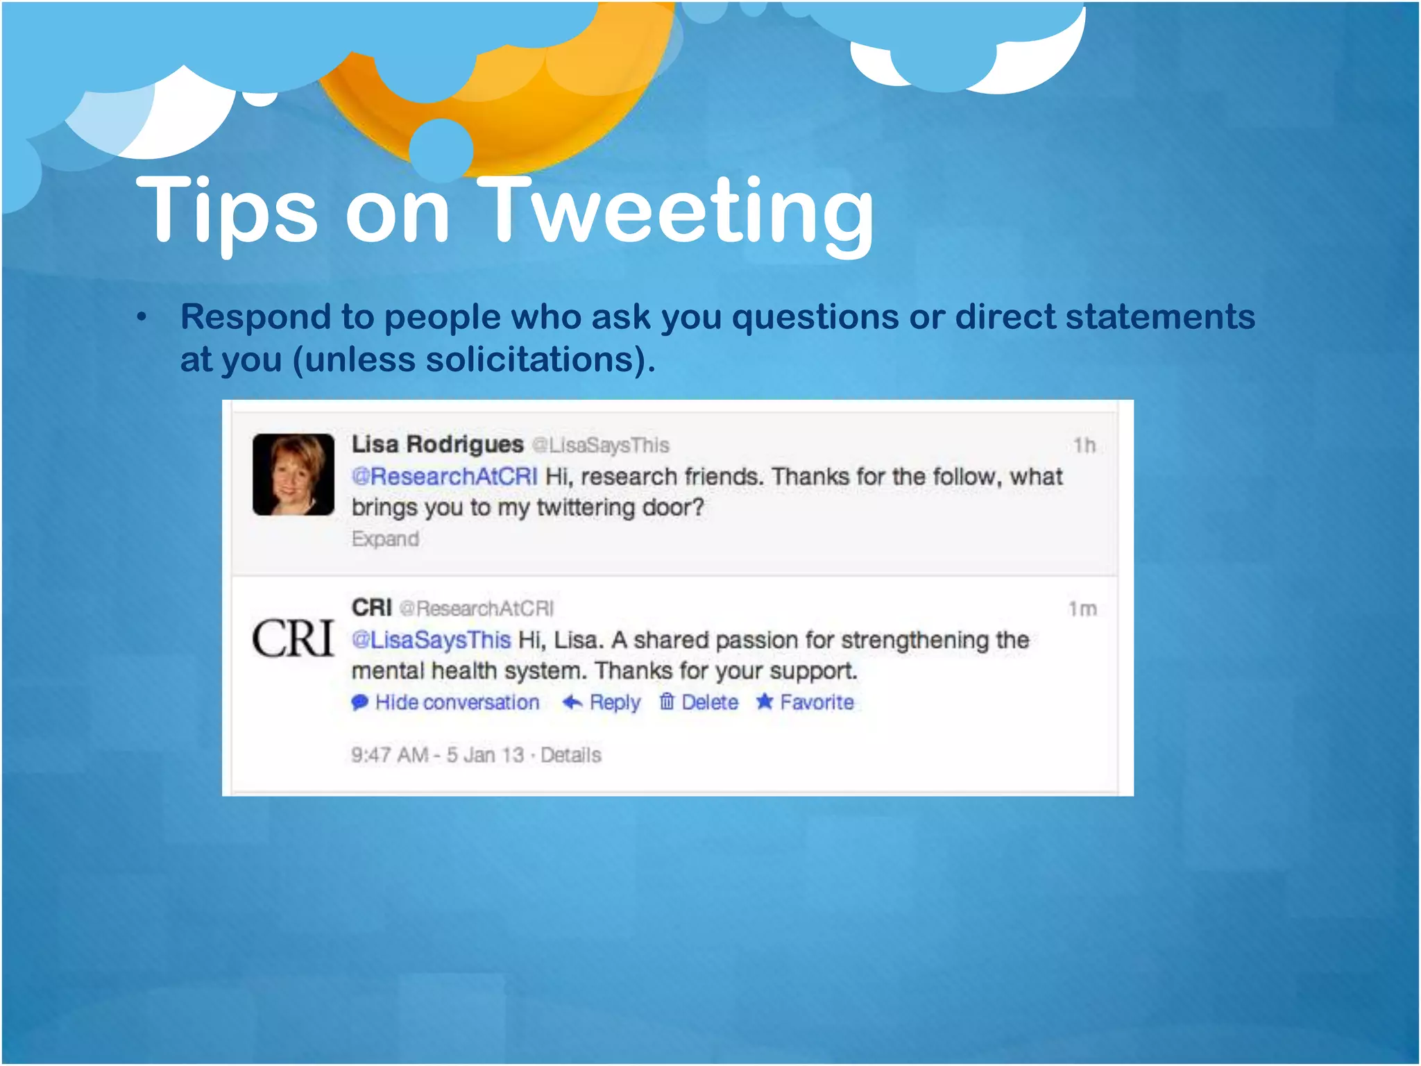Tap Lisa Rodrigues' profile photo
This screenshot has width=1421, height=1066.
(x=293, y=475)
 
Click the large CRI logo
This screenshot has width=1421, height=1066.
(x=293, y=638)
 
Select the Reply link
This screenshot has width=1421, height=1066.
(x=614, y=702)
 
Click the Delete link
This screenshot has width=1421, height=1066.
(x=709, y=702)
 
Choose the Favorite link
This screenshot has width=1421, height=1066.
(x=816, y=702)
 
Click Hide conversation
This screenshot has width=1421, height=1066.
(x=457, y=702)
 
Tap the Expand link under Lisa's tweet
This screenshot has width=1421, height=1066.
(x=385, y=539)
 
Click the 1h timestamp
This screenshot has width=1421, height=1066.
(x=1084, y=445)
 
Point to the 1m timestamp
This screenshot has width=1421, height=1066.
(x=1082, y=609)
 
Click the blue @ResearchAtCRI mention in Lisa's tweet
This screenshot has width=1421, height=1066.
(x=445, y=477)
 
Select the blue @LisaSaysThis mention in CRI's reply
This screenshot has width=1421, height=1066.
(x=432, y=640)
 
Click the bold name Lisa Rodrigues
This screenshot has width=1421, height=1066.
(x=437, y=444)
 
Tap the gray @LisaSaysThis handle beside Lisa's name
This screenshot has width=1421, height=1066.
(x=601, y=445)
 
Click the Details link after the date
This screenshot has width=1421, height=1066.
(x=570, y=754)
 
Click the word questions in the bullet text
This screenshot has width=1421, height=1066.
(x=815, y=317)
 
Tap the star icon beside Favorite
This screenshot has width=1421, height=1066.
(x=765, y=702)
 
